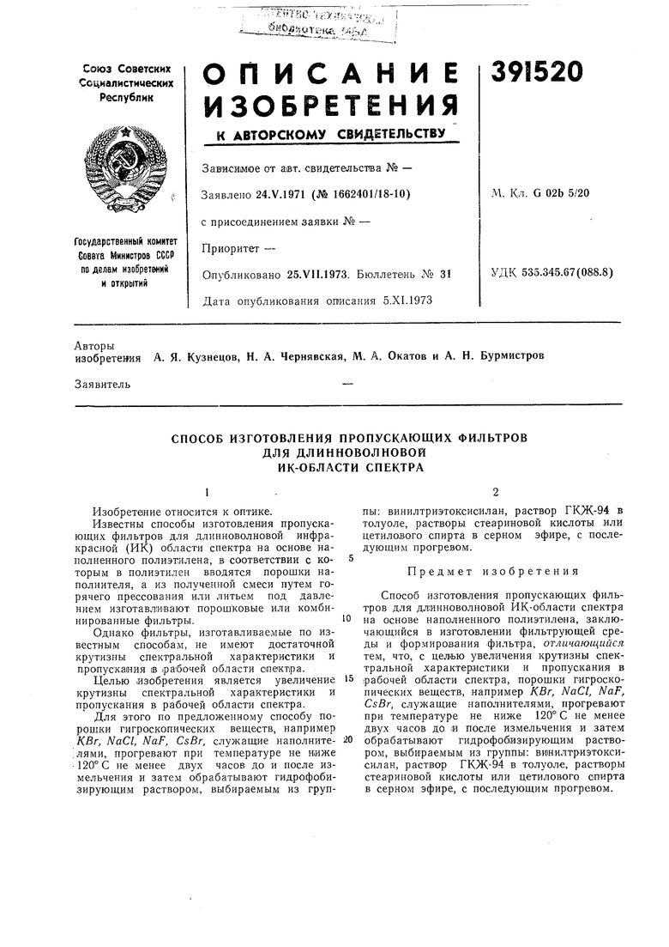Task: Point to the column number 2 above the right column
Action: (x=497, y=492)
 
